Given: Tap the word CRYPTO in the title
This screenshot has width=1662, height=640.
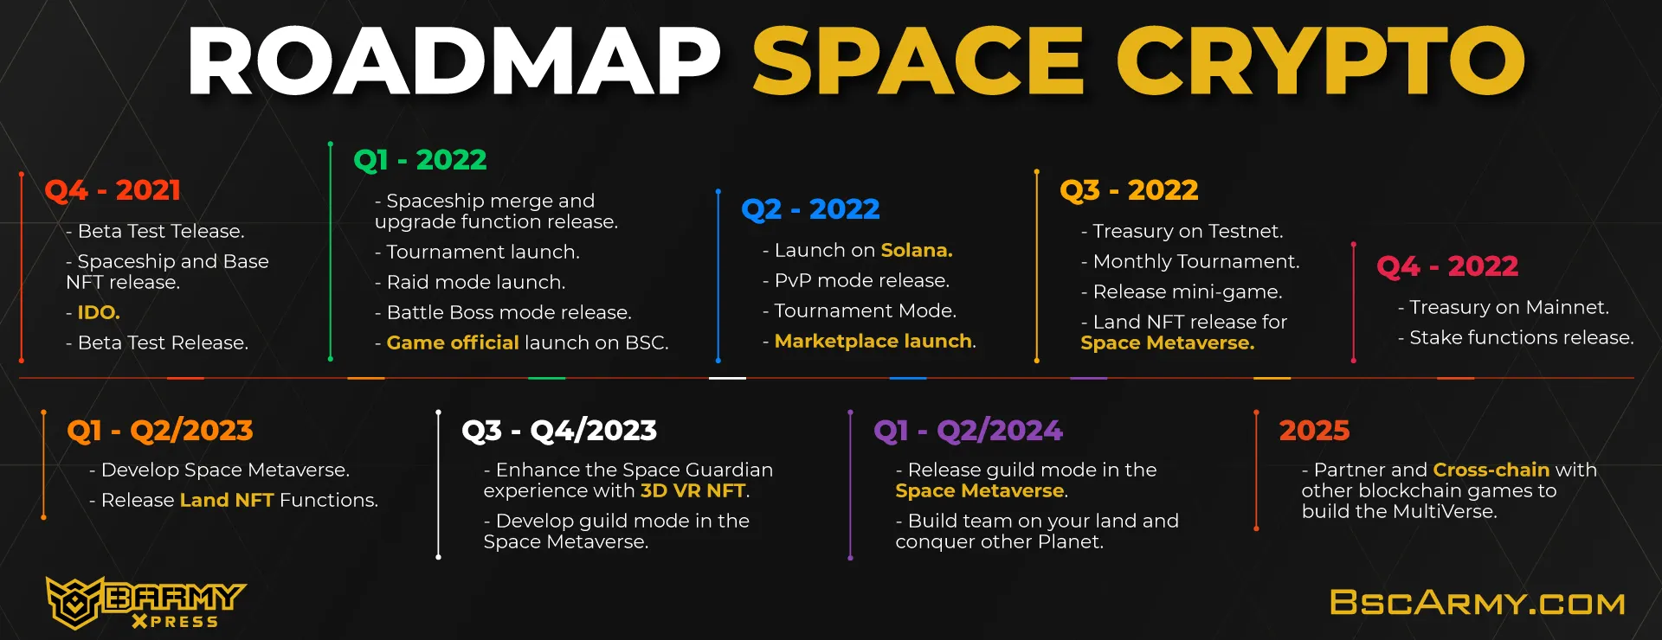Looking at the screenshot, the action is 1321,61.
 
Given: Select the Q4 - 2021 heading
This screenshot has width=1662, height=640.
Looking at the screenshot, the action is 113,190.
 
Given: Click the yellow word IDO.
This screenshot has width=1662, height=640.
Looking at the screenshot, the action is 99,312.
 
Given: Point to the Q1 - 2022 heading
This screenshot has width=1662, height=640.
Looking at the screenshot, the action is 420,160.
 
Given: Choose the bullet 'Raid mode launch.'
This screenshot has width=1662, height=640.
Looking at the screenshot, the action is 470,282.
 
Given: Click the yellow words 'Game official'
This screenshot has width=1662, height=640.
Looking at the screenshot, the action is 453,342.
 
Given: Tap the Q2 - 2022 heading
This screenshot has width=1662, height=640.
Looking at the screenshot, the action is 810,209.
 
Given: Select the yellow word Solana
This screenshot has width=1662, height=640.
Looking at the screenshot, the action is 917,250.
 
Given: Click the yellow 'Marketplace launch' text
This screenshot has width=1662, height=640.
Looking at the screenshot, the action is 873,341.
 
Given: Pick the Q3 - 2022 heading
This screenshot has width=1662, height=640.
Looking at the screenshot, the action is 1129,190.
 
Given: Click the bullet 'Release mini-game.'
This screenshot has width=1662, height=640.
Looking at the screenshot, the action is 1182,291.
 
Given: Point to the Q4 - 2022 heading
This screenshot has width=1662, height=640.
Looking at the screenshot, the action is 1447,266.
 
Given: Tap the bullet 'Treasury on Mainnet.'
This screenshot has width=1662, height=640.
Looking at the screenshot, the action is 1504,307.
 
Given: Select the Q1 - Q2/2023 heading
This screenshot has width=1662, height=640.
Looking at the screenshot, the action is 160,431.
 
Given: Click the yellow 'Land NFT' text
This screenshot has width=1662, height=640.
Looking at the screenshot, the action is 227,500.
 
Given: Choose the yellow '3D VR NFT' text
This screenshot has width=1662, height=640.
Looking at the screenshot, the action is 692,490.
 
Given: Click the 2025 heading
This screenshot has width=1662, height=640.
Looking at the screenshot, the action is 1314,431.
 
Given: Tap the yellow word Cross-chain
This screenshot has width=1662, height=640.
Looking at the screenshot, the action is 1491,470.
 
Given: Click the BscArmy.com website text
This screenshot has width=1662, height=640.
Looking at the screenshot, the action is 1478,603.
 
